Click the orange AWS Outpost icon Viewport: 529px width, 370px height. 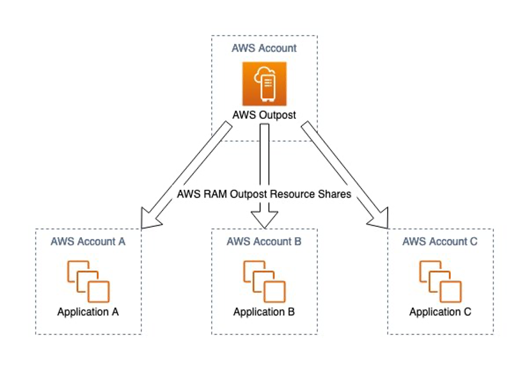[x=264, y=84]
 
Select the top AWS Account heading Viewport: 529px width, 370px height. [x=264, y=48]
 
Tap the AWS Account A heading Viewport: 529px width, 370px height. [x=88, y=242]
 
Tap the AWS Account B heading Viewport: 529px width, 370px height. [x=264, y=242]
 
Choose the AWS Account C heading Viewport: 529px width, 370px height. [x=440, y=242]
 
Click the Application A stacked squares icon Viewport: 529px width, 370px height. [x=88, y=281]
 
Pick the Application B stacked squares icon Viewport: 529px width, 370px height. [x=264, y=281]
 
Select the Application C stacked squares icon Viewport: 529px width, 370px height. [x=440, y=281]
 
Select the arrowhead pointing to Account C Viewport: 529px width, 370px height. [x=380, y=217]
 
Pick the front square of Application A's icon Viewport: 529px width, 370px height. [x=99, y=291]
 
